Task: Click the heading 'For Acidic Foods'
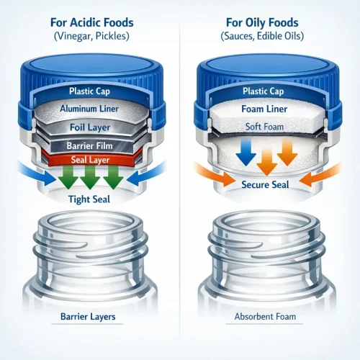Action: tap(91, 22)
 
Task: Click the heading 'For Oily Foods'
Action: tap(262, 23)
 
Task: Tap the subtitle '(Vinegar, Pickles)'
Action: tap(91, 36)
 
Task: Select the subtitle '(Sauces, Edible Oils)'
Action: tap(262, 36)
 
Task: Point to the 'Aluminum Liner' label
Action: tap(89, 109)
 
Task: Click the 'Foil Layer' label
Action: tap(90, 127)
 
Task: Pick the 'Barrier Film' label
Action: tap(89, 145)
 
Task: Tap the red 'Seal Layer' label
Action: tap(90, 160)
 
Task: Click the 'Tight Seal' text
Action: tap(89, 199)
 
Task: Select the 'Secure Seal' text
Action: tap(265, 184)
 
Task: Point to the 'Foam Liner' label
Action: tap(264, 109)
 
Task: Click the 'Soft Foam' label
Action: tap(264, 127)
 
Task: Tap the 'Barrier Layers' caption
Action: tap(88, 317)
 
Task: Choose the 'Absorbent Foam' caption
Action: tap(265, 317)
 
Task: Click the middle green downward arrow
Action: tap(90, 177)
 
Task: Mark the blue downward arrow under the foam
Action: tap(246, 153)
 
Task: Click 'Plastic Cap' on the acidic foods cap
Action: tap(89, 91)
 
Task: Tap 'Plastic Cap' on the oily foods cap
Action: tap(264, 91)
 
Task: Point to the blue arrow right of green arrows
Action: tap(146, 174)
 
